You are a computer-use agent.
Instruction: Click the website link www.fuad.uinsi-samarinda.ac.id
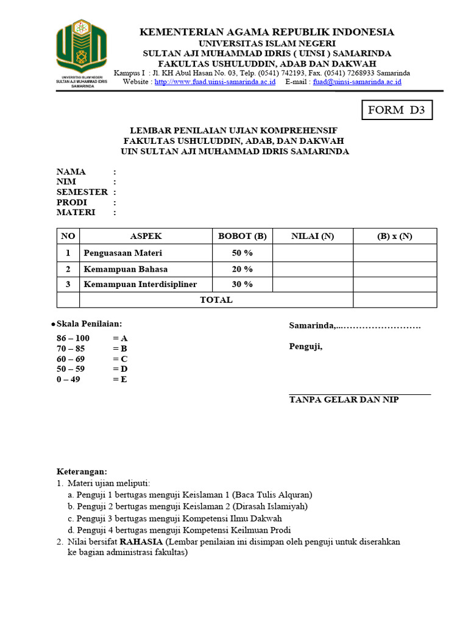click(x=215, y=81)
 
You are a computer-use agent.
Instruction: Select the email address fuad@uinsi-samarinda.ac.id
click(x=357, y=81)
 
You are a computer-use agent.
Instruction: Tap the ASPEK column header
click(x=146, y=236)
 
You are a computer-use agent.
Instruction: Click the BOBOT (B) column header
click(x=243, y=236)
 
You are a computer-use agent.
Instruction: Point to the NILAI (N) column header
click(x=313, y=236)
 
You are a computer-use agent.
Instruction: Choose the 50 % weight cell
click(x=243, y=253)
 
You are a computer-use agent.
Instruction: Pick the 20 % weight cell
click(x=243, y=269)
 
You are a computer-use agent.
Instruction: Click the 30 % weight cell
click(x=243, y=284)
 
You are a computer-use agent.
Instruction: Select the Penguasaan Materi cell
click(x=123, y=253)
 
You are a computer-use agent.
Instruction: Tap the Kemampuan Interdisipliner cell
click(x=140, y=284)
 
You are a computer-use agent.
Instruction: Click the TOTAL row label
click(x=216, y=300)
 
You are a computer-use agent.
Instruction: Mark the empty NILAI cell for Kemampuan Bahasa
click(x=313, y=269)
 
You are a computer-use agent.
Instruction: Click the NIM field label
click(x=66, y=182)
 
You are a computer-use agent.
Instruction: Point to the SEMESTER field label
click(x=82, y=192)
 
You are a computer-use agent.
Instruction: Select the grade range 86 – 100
click(x=73, y=338)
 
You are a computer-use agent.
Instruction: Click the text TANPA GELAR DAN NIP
click(x=344, y=400)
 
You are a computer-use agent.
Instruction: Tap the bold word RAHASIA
click(x=141, y=542)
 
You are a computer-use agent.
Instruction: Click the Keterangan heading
click(x=82, y=472)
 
